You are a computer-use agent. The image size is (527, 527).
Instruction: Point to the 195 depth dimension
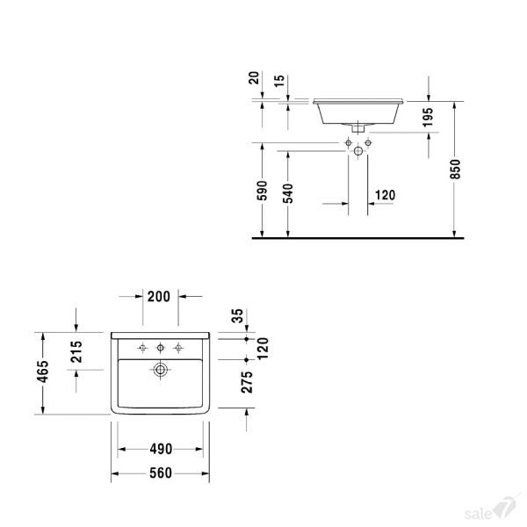[429, 116]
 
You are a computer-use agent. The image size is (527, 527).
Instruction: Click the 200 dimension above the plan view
[159, 297]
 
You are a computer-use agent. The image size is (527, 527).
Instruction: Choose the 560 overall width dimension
[159, 474]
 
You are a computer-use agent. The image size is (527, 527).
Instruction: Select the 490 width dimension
[159, 450]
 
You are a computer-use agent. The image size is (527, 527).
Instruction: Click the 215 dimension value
[76, 351]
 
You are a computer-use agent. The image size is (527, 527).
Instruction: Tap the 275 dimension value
[248, 383]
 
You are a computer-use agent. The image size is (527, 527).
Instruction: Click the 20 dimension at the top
[256, 79]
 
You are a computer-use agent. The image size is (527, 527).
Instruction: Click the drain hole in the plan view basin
[161, 370]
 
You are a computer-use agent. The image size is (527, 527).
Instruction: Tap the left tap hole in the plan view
[143, 349]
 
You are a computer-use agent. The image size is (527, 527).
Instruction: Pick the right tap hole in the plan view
[179, 349]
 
